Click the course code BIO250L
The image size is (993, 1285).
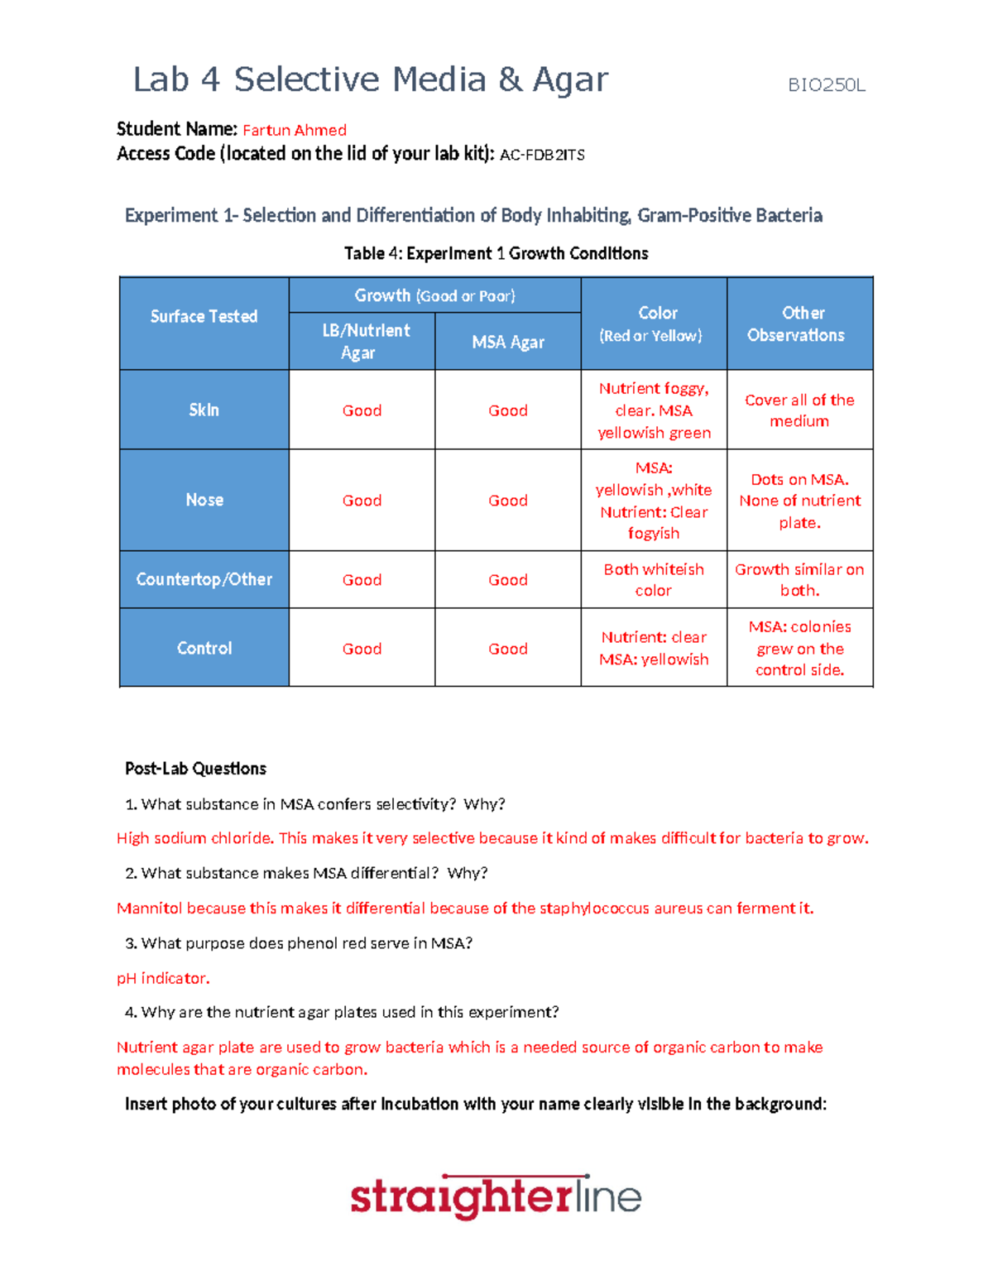click(826, 85)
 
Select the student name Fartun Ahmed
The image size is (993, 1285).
click(294, 130)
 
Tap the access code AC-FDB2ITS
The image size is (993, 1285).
click(542, 155)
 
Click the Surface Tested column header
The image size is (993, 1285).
click(204, 317)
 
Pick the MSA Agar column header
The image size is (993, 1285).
click(507, 342)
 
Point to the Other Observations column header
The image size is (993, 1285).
click(799, 324)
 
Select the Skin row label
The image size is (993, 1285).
click(204, 410)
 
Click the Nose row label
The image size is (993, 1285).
click(204, 500)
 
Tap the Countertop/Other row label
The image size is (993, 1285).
click(204, 579)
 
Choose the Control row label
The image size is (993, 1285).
click(204, 648)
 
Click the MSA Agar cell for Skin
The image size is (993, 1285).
click(507, 410)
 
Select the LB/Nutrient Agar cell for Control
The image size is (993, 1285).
click(362, 649)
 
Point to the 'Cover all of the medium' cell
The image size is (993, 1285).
click(799, 410)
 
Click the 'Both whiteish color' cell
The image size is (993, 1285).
click(653, 579)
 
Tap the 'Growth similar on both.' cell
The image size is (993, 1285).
click(799, 579)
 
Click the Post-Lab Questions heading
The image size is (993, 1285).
click(195, 769)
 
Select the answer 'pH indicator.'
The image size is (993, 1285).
click(163, 978)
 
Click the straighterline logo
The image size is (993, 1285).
click(496, 1196)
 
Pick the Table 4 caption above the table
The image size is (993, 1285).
click(496, 254)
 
